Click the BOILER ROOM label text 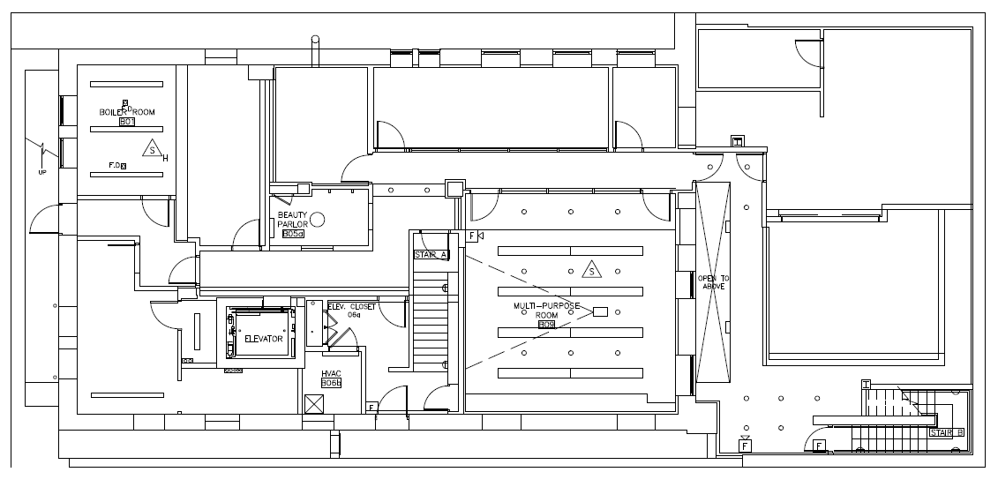click(x=127, y=112)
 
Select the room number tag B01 click(x=126, y=122)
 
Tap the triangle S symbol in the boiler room click(x=154, y=151)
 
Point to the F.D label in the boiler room click(x=115, y=165)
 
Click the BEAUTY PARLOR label click(x=292, y=220)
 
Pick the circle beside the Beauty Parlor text click(x=318, y=220)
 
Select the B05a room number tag click(x=293, y=234)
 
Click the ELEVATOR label click(x=263, y=339)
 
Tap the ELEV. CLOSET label click(x=351, y=307)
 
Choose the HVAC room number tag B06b click(x=331, y=384)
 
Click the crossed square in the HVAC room click(x=313, y=403)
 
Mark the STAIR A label click(x=431, y=255)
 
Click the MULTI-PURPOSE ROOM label click(x=546, y=310)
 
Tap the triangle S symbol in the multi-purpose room click(x=590, y=270)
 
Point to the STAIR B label click(x=946, y=432)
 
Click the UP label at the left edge click(x=41, y=173)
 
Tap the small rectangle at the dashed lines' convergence click(x=601, y=311)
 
